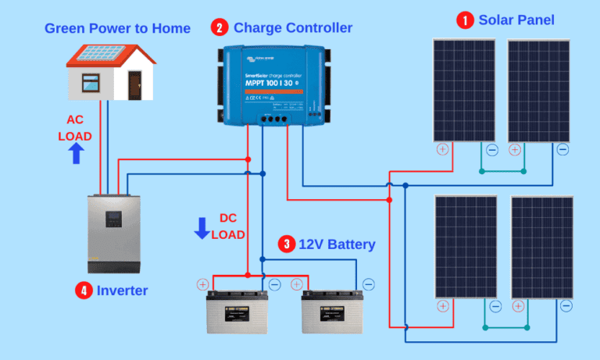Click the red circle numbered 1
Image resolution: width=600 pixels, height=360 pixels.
click(x=466, y=20)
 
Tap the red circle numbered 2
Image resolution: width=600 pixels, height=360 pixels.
click(x=220, y=28)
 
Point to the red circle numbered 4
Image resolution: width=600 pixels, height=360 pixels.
click(x=84, y=290)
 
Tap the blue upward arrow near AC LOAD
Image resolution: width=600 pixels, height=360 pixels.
click(x=76, y=153)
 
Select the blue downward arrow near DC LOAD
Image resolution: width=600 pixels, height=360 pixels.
click(x=202, y=228)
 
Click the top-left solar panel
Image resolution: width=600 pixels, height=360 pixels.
click(x=464, y=90)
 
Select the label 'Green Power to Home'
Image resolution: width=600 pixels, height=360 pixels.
click(x=117, y=29)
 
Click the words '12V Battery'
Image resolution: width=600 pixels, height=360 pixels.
click(x=337, y=244)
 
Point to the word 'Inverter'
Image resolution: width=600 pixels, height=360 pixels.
click(x=123, y=290)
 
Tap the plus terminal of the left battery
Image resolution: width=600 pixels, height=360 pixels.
click(x=203, y=284)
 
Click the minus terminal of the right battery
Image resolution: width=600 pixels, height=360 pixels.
click(x=368, y=284)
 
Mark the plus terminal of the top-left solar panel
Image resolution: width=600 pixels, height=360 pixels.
click(x=442, y=150)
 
